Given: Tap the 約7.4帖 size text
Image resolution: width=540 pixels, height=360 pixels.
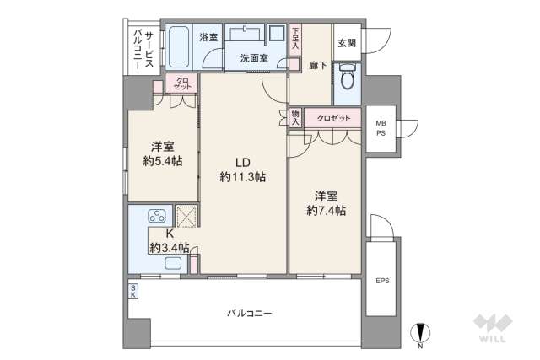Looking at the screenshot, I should [x=327, y=211].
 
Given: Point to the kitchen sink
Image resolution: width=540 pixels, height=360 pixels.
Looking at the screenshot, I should [x=173, y=263].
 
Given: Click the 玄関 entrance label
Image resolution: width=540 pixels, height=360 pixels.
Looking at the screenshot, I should [x=347, y=43].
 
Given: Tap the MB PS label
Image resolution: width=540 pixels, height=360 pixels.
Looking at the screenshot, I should [x=381, y=127].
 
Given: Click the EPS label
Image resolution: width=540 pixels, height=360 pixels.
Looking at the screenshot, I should [x=381, y=281].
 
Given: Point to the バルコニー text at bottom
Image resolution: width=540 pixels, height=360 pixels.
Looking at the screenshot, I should [x=249, y=313].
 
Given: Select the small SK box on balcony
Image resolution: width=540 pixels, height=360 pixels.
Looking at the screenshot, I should [x=133, y=292].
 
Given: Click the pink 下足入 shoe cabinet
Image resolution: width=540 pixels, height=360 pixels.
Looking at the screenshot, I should [x=295, y=40].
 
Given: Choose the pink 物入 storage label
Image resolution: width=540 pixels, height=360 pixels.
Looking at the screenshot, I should [x=295, y=116].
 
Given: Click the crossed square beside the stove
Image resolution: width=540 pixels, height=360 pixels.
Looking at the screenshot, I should [x=186, y=216].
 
